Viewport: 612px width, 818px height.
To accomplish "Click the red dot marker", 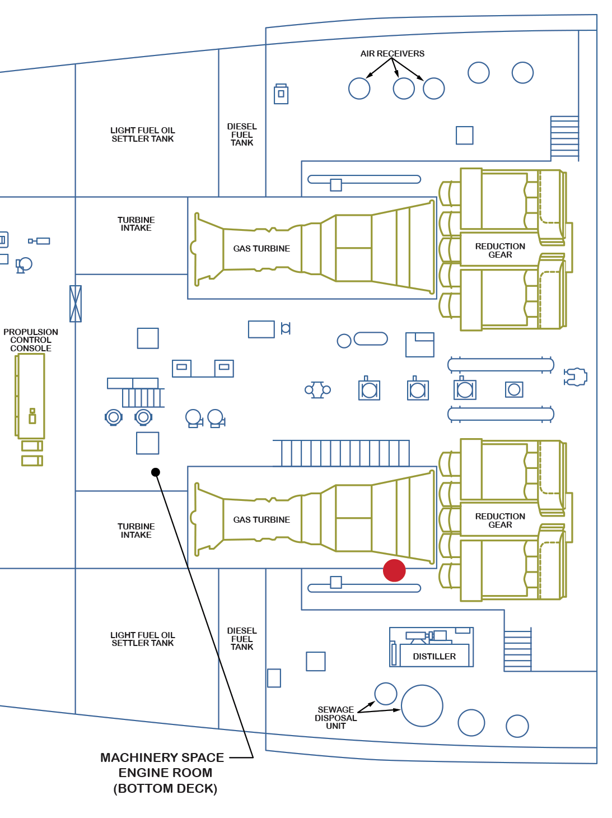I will pos(394,570).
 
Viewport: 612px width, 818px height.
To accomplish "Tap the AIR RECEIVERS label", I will pos(392,54).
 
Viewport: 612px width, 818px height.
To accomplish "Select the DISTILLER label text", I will pos(434,656).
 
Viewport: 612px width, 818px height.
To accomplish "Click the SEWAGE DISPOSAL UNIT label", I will pos(335,718).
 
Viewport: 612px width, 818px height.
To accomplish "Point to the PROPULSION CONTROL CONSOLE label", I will pos(31,340).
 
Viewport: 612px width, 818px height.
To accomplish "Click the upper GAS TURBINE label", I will pos(261,249).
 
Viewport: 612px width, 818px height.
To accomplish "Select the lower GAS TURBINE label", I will pos(261,520).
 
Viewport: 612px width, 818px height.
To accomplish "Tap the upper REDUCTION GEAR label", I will pos(500,250).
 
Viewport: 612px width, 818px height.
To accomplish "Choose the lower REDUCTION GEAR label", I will pos(500,520).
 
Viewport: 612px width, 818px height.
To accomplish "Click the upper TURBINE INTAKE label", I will pos(136,224).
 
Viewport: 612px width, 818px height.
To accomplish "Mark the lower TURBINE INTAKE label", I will pos(136,531).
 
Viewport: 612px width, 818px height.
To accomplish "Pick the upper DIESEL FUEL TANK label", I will pos(242,134).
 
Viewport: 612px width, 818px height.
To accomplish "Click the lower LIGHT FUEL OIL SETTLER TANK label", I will pos(143,639).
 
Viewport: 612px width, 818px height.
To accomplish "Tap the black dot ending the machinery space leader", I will pos(156,472).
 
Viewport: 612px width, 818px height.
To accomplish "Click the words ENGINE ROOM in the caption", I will pos(165,773).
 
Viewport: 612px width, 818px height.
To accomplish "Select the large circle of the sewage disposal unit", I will pos(422,706).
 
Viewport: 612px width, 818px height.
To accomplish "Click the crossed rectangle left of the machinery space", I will pos(76,304).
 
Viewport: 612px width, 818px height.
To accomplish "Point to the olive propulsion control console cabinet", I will pos(31,396).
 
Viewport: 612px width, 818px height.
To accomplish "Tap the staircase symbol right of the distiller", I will pos(517,650).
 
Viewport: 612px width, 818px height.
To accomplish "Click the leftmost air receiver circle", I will pos(359,89).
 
